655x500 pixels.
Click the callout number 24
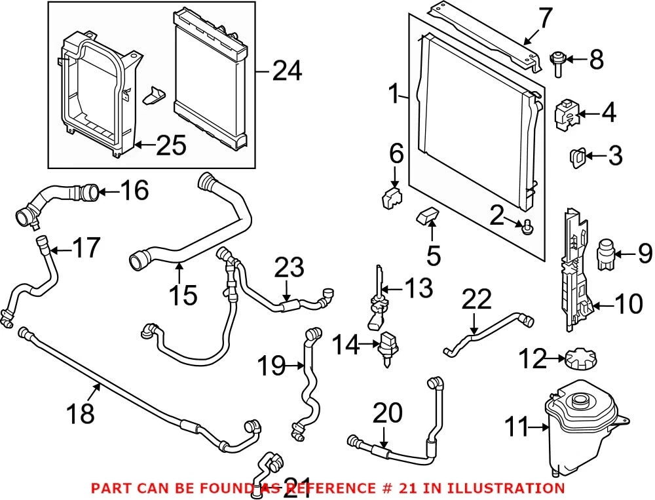pyautogui.click(x=287, y=71)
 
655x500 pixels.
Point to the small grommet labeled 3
pyautogui.click(x=578, y=159)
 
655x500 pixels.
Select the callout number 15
pyautogui.click(x=183, y=295)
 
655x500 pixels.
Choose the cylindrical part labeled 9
pyautogui.click(x=605, y=254)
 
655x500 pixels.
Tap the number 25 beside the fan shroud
pyautogui.click(x=171, y=145)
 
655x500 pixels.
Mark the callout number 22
pyautogui.click(x=477, y=299)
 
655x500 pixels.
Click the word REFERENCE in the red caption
pyautogui.click(x=334, y=488)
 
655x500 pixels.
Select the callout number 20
pyautogui.click(x=388, y=413)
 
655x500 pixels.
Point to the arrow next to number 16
pyautogui.click(x=109, y=192)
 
